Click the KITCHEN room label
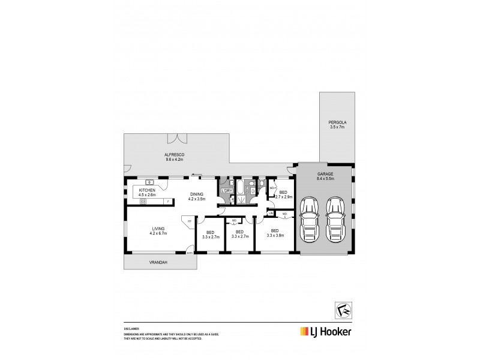point(147,190)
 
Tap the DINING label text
point(197,194)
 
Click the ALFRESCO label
point(175,155)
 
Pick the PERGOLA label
point(338,122)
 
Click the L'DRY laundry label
point(227,191)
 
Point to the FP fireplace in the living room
point(189,222)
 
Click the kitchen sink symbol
point(147,181)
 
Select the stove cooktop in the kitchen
point(144,202)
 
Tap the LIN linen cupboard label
point(271,213)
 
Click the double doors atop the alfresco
point(178,139)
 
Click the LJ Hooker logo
point(326,332)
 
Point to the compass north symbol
point(341,308)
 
